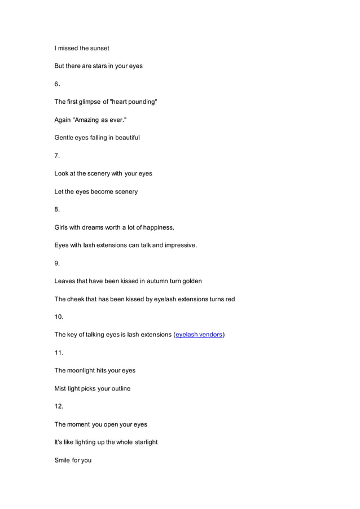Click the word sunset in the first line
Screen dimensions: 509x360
(x=99, y=48)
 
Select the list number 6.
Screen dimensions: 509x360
(x=57, y=84)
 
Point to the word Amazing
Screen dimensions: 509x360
(x=89, y=120)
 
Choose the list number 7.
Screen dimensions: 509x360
(x=57, y=155)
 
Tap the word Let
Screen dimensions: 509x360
(x=59, y=191)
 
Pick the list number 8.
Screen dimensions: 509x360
(x=57, y=209)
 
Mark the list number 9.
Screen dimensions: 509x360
(x=57, y=263)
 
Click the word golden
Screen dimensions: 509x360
(x=191, y=281)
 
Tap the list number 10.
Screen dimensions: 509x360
(x=59, y=317)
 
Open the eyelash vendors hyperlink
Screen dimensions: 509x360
(x=199, y=335)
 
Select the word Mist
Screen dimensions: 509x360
(x=60, y=388)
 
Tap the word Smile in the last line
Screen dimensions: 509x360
(x=63, y=460)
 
